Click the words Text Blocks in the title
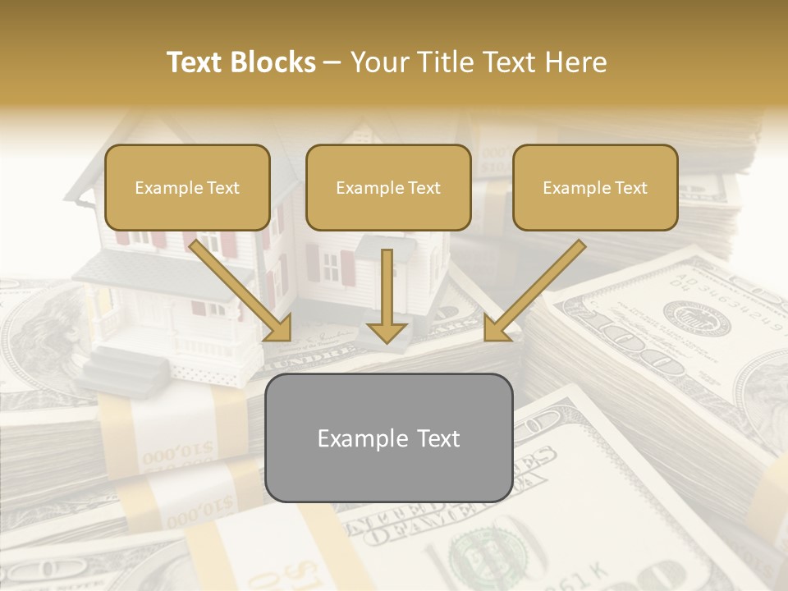pos(241,62)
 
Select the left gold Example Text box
pos(187,187)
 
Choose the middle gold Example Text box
pos(388,187)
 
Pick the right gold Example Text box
pos(595,187)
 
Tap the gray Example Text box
pos(388,438)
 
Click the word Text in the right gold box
pos(630,188)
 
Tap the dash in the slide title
pos(332,62)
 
